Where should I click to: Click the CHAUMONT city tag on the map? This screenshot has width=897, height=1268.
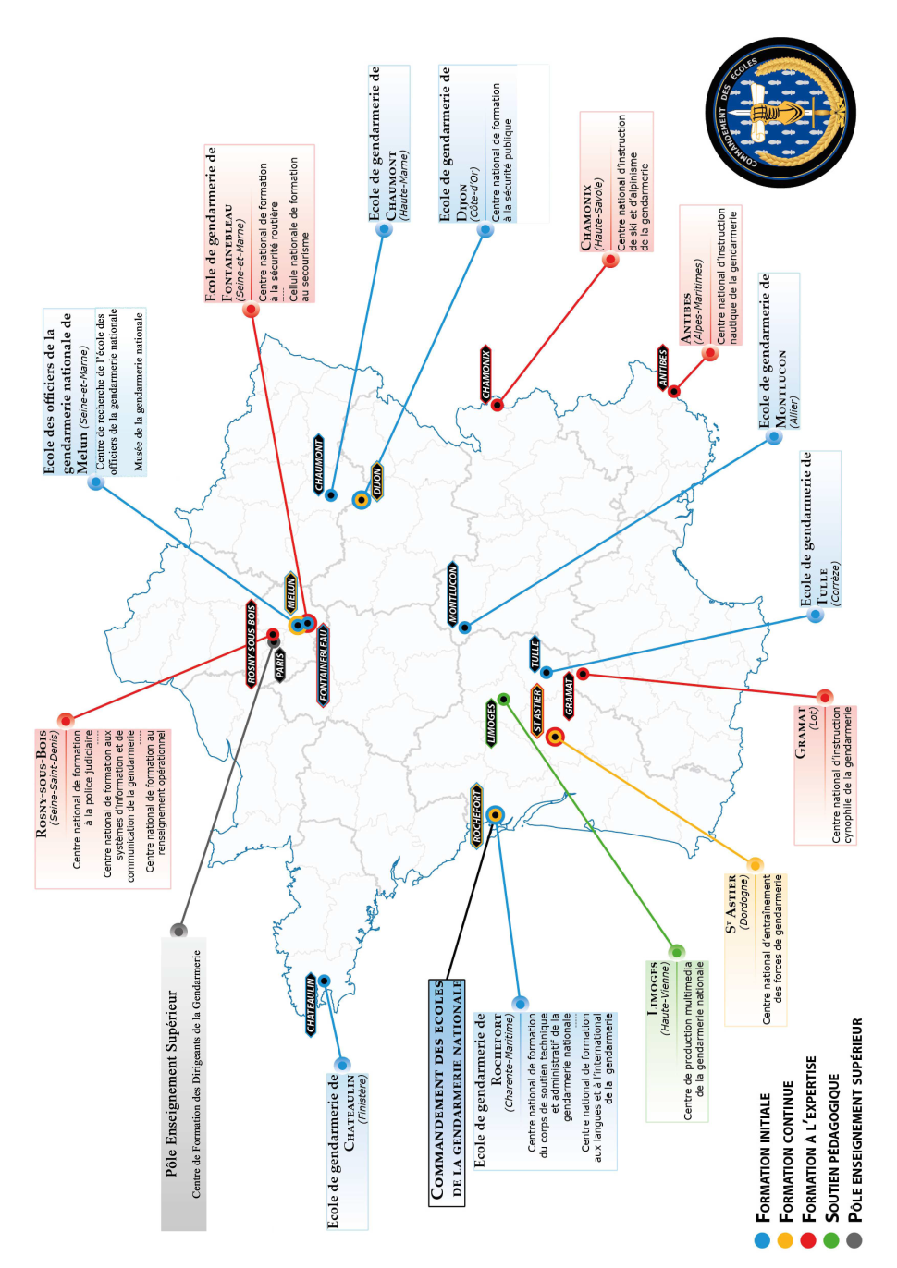[319, 463]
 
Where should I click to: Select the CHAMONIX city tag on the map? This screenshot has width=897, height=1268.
[485, 374]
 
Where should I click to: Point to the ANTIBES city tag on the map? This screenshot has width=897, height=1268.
[662, 367]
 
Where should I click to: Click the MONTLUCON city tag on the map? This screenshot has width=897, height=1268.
[453, 593]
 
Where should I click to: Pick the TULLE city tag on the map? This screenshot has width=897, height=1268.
[535, 653]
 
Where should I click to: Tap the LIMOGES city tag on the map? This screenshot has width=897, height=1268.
[491, 723]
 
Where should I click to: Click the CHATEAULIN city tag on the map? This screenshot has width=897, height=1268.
[312, 1005]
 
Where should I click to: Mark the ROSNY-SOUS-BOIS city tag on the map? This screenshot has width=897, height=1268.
[252, 643]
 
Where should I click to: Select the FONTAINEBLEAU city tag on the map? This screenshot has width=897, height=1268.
[323, 665]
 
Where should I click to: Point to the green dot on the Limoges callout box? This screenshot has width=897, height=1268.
[677, 951]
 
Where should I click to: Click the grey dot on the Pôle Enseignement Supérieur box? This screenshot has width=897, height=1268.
[178, 930]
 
